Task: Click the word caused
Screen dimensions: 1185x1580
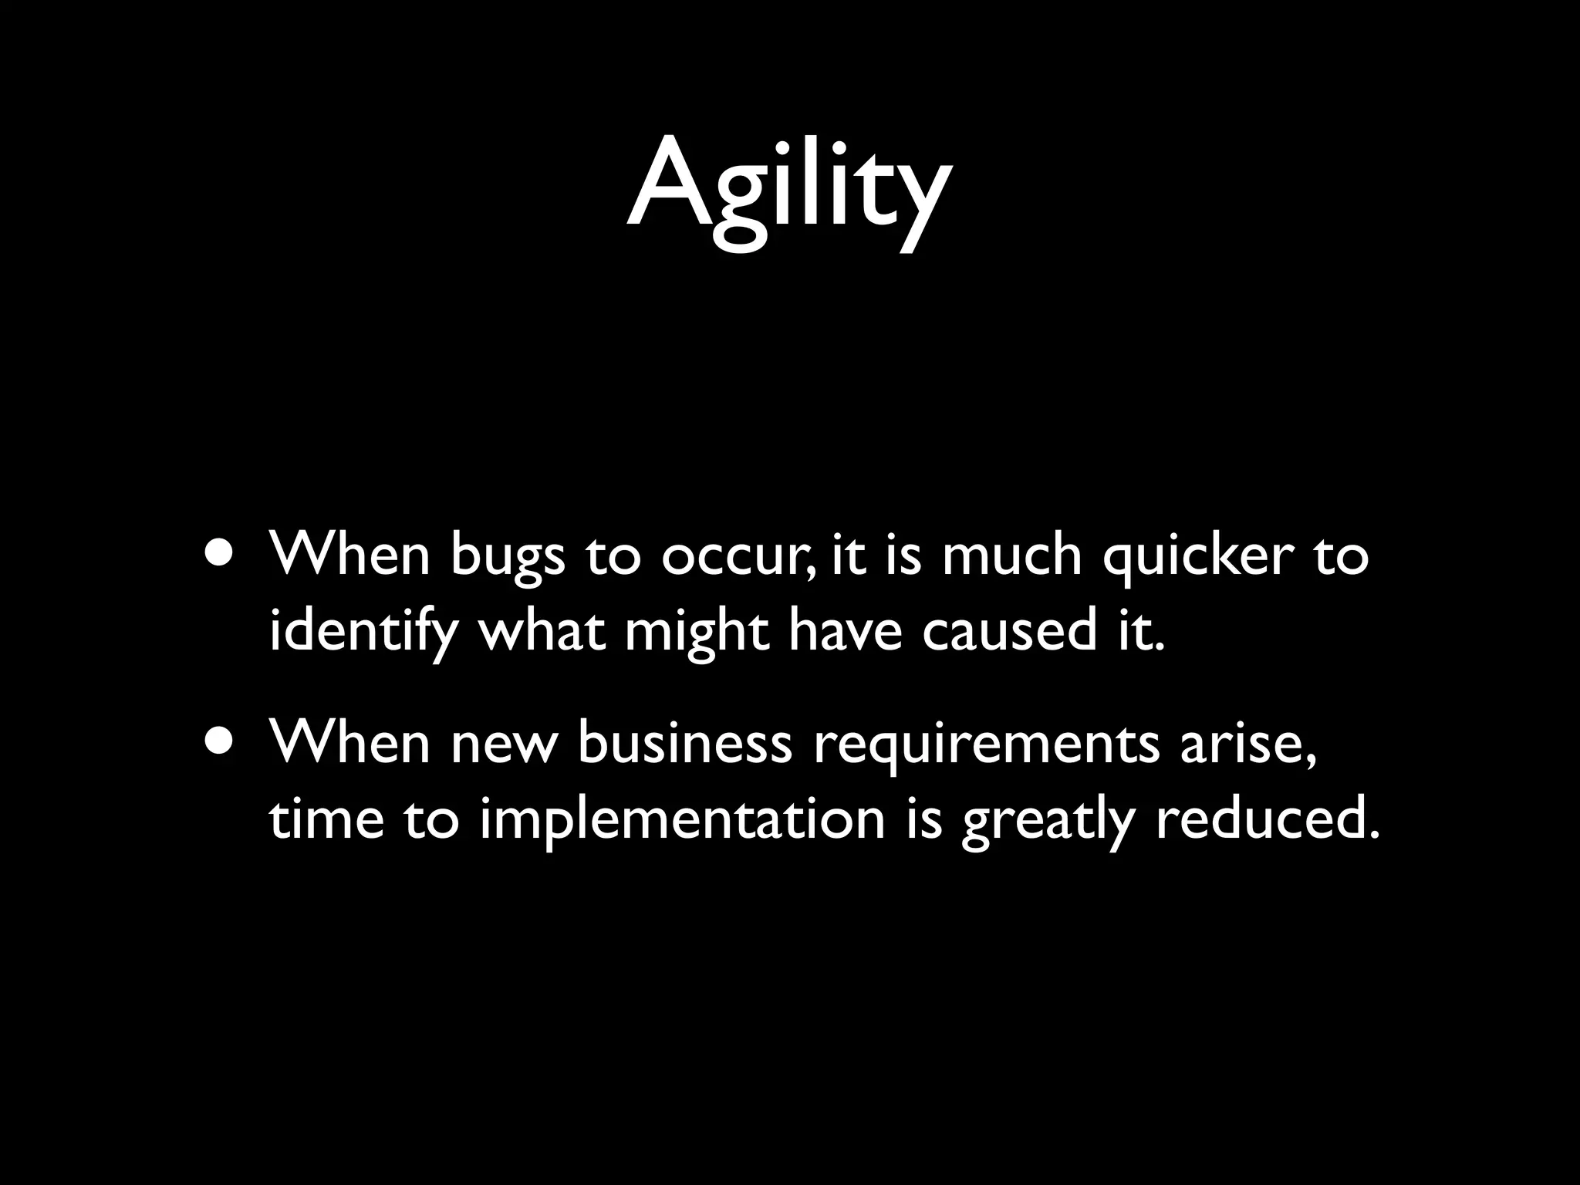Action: pyautogui.click(x=1009, y=631)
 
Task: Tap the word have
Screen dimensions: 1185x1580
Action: pyautogui.click(x=845, y=631)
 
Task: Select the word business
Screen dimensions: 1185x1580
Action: pyautogui.click(x=684, y=744)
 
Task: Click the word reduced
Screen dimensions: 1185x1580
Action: pyautogui.click(x=1266, y=819)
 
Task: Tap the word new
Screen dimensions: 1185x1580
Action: pyautogui.click(x=503, y=745)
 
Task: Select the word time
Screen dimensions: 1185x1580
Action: pyautogui.click(x=326, y=819)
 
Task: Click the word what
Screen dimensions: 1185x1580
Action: pyautogui.click(x=542, y=631)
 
